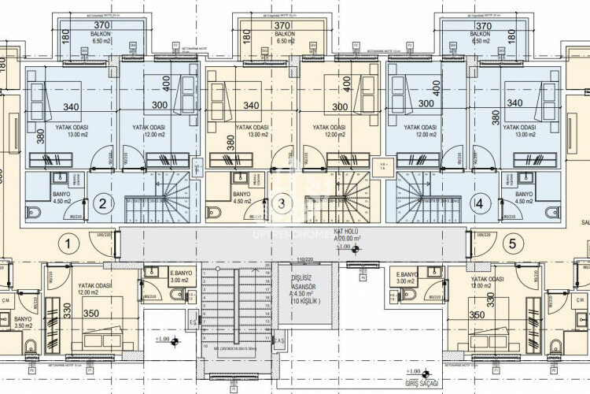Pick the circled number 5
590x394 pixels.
(x=511, y=243)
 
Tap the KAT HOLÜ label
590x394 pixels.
(x=347, y=232)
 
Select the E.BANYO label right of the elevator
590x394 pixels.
(x=407, y=276)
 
